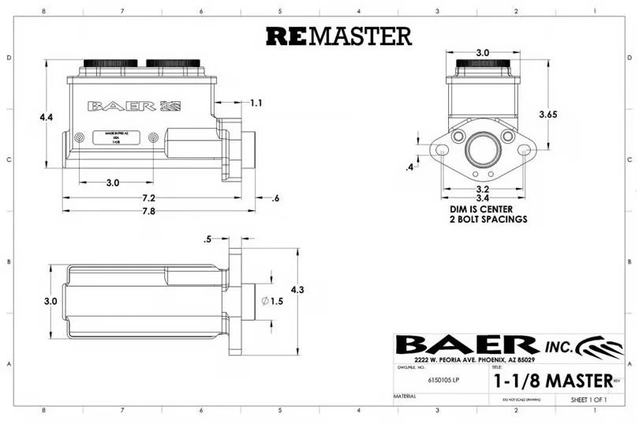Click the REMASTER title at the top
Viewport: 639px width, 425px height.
pos(338,36)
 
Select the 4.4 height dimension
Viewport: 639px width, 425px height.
pos(47,117)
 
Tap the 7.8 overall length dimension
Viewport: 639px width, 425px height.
pos(148,212)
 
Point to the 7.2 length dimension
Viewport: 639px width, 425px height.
pos(148,197)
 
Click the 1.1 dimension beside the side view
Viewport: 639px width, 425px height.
pos(256,103)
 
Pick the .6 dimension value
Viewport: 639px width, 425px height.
pos(275,197)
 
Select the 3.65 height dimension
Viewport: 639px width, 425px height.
pos(547,115)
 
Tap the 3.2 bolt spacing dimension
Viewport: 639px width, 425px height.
pos(483,190)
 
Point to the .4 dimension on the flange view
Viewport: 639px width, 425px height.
pos(409,167)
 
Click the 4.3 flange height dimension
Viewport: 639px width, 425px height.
pos(297,290)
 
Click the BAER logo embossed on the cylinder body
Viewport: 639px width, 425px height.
pos(135,106)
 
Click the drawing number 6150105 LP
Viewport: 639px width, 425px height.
pos(444,381)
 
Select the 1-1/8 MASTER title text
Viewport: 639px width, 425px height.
pos(552,380)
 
